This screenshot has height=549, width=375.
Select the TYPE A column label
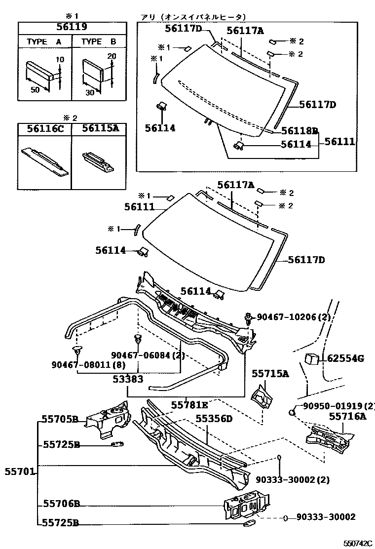(x=44, y=42)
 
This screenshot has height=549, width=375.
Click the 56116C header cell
(x=45, y=129)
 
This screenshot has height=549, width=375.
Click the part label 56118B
(x=300, y=131)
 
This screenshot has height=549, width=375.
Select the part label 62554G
(x=346, y=358)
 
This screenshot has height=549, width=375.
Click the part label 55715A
(x=270, y=374)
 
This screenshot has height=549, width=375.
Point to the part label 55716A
(x=348, y=416)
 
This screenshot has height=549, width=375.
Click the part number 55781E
(x=189, y=405)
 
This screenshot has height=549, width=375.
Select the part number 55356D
(x=214, y=418)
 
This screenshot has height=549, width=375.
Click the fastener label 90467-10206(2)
(x=294, y=317)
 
